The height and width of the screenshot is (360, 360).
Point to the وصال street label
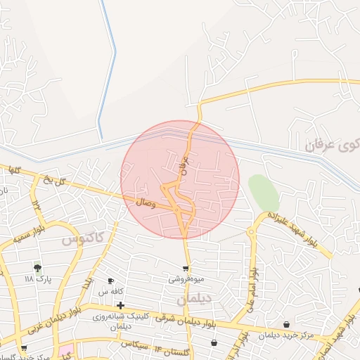pos(146,202)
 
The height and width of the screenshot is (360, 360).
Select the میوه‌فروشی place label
pos(185,278)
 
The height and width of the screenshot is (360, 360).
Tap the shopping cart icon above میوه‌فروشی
pos(186,268)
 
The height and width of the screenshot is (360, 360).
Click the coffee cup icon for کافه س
pos(110,281)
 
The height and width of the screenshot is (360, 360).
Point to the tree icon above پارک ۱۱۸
pos(37,268)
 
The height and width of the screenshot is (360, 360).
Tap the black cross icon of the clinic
pos(121,305)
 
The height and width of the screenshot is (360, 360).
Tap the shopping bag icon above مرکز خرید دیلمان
pos(286,324)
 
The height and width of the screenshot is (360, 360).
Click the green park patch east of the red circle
pos(262,191)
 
